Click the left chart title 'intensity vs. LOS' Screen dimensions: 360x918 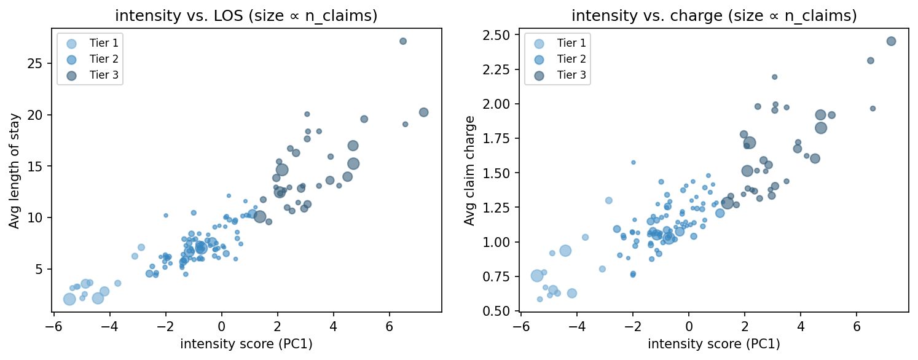point(246,16)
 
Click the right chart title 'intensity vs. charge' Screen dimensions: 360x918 point(714,16)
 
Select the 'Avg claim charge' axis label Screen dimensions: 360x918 point(469,170)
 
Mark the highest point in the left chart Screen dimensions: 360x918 point(403,41)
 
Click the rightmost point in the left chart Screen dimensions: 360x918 point(423,112)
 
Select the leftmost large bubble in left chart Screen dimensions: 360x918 point(69,299)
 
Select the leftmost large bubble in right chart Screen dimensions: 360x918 point(537,276)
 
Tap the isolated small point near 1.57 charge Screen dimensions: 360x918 point(634,163)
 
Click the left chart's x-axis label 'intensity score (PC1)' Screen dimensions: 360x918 point(246,344)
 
